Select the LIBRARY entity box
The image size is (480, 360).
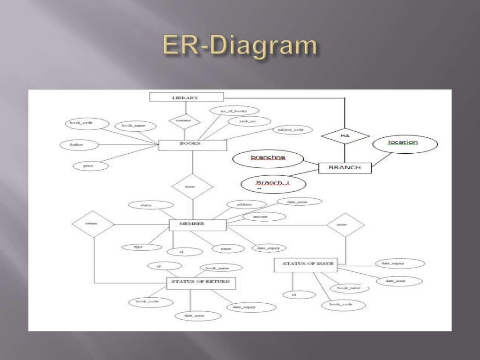(x=186, y=97)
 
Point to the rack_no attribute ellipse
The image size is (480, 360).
(x=242, y=121)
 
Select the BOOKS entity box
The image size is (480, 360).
(x=193, y=144)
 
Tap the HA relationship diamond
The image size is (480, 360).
(x=345, y=135)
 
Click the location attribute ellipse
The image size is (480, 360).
(x=405, y=143)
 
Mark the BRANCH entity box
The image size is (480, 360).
(x=345, y=167)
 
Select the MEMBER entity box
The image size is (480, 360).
(x=197, y=225)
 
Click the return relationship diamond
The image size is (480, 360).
(x=93, y=224)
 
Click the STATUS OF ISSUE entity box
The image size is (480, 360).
(x=305, y=265)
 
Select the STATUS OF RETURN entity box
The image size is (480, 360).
(x=201, y=283)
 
